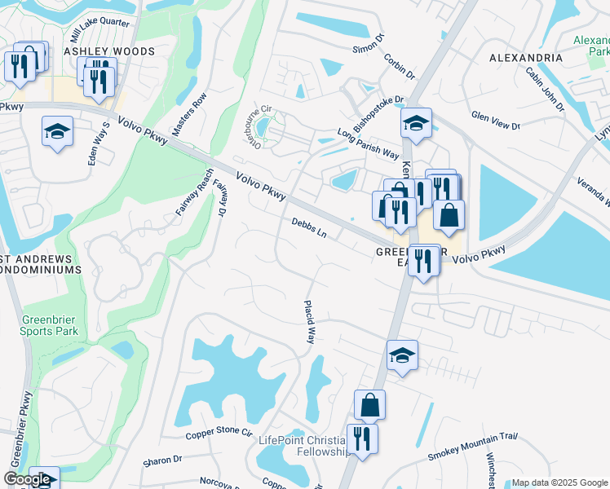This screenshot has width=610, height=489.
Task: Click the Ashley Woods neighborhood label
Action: pyautogui.click(x=109, y=51)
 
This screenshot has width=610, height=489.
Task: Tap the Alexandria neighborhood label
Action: pyautogui.click(x=526, y=59)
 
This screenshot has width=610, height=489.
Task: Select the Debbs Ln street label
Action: pyautogui.click(x=309, y=227)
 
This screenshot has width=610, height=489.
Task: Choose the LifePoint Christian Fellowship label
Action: pyautogui.click(x=304, y=445)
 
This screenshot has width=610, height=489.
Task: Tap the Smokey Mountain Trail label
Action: pyautogui.click(x=474, y=447)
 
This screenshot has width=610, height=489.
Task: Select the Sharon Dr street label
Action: pyautogui.click(x=162, y=460)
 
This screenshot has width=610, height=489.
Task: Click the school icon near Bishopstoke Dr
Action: pyautogui.click(x=416, y=123)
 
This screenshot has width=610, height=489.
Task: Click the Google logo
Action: pyautogui.click(x=29, y=480)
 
